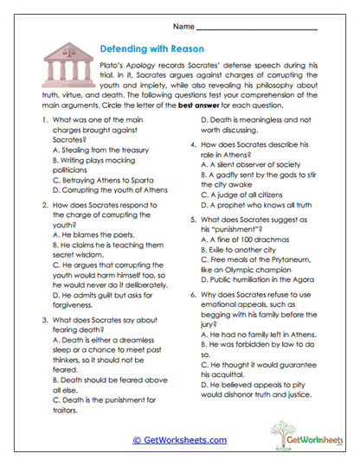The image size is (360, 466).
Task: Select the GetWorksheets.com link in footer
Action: (x=179, y=440)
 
